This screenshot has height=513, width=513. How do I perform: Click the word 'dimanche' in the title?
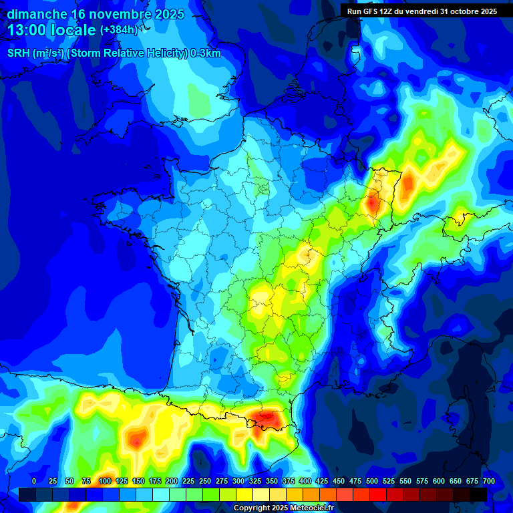(37, 14)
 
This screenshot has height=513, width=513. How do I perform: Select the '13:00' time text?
(29, 30)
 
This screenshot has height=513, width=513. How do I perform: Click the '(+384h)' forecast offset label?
(119, 30)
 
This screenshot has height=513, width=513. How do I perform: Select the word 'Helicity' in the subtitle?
(164, 53)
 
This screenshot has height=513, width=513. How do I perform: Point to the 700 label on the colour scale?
(488, 482)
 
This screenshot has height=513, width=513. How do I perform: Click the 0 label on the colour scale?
(33, 482)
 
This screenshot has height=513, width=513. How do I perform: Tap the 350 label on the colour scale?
(271, 482)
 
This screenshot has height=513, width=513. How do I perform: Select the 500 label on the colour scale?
(371, 482)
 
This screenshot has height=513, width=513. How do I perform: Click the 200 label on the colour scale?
(171, 482)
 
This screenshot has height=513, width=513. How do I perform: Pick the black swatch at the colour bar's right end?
(478, 494)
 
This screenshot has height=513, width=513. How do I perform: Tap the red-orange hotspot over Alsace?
(372, 202)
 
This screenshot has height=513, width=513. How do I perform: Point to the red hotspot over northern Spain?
(138, 440)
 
